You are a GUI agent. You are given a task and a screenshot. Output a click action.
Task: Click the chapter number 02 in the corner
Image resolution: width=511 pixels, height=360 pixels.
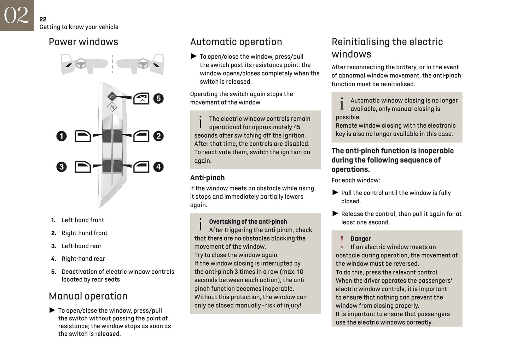[x=16, y=15]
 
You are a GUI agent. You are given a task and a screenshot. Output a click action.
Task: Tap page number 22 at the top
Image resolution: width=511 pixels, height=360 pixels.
[x=43, y=19]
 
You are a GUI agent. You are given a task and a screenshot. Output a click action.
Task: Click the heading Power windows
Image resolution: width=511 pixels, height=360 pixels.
[x=83, y=42]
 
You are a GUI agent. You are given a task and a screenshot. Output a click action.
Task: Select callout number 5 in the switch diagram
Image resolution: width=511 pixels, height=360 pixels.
[x=158, y=98]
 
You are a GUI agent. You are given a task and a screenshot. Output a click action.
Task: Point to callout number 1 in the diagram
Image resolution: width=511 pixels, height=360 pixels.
[x=62, y=136]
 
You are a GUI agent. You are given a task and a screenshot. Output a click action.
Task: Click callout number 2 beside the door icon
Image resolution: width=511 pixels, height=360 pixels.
[x=158, y=136]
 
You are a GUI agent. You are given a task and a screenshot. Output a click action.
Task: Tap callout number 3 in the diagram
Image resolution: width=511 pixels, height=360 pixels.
[x=62, y=167]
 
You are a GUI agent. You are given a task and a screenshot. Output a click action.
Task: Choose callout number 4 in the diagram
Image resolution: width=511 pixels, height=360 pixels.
[x=158, y=167]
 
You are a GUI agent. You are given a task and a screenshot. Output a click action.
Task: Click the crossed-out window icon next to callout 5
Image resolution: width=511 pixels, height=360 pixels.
[x=141, y=99]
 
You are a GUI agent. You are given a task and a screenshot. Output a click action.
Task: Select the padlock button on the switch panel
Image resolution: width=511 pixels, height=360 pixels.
[x=112, y=107]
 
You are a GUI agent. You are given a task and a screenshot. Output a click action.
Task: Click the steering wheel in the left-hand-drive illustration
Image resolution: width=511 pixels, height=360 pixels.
[x=81, y=64]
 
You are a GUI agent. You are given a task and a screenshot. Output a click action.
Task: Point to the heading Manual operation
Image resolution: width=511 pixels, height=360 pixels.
[x=88, y=296]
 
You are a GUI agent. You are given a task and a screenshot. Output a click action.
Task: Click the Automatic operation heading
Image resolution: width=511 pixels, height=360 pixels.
[x=236, y=42]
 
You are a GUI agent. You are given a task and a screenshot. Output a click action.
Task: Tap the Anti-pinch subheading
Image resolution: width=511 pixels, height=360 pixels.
[x=207, y=178]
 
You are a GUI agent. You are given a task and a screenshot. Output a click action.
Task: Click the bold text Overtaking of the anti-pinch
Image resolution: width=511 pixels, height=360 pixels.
[x=248, y=222]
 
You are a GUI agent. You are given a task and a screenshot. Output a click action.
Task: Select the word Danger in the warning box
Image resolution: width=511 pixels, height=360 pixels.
[x=360, y=239]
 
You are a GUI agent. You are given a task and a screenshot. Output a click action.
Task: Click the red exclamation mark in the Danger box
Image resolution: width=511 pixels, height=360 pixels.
[x=342, y=242]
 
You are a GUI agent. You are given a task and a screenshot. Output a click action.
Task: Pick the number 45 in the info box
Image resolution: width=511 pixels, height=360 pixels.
[x=296, y=127]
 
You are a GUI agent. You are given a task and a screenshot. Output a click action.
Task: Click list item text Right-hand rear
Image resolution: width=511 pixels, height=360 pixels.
[x=83, y=259]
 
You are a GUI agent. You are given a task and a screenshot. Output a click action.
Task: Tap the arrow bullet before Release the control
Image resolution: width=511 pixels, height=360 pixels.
[x=335, y=214]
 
